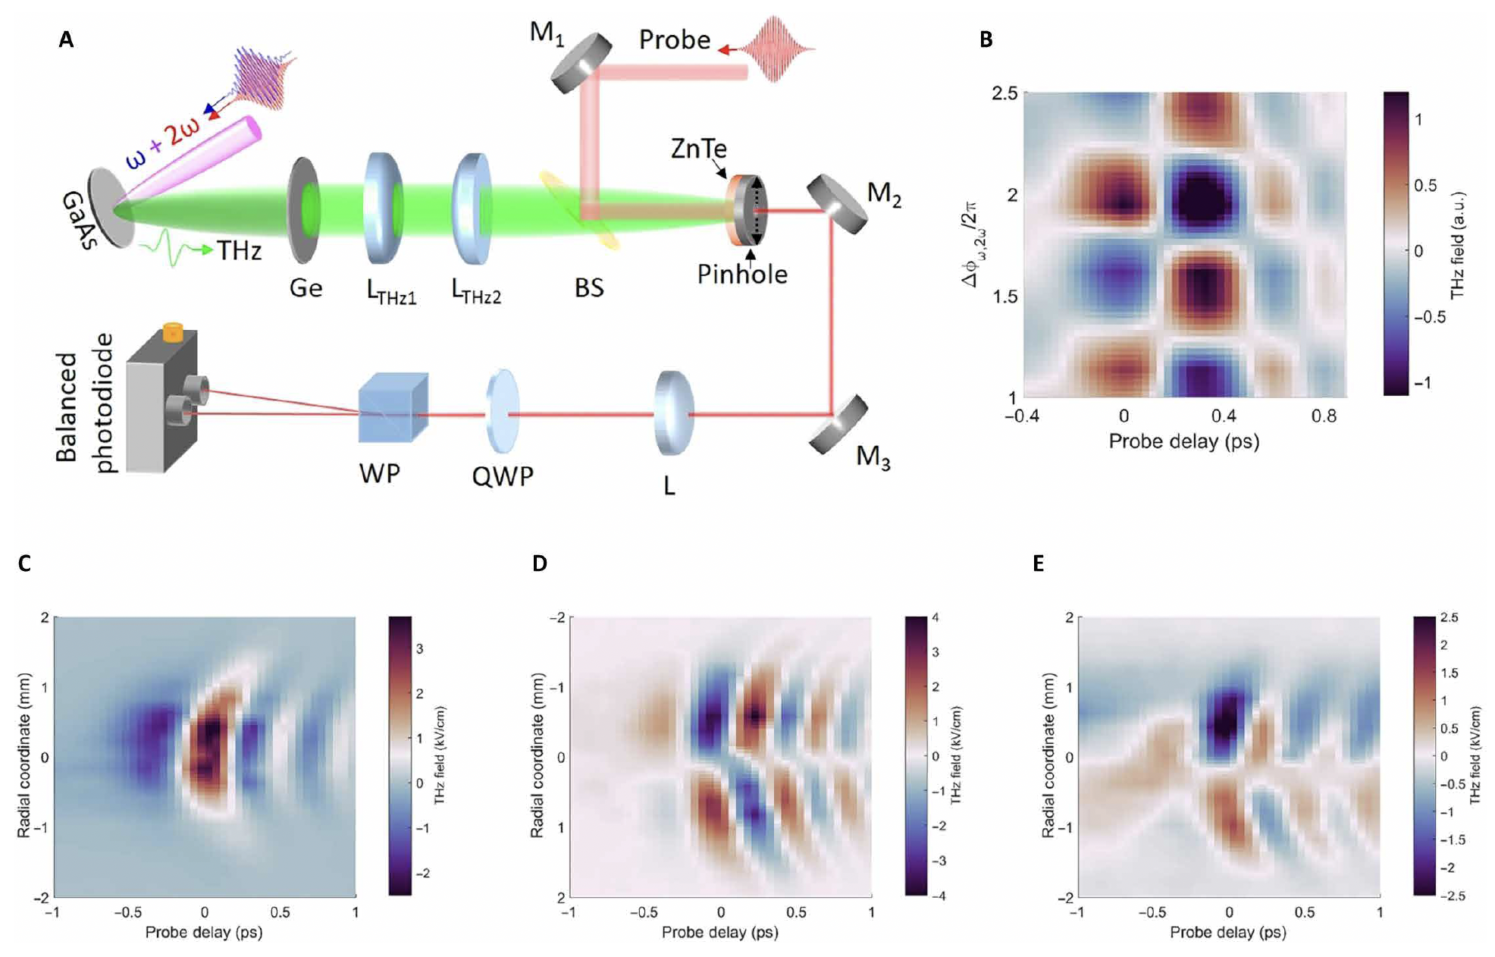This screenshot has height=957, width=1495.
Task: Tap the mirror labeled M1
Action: pos(581,63)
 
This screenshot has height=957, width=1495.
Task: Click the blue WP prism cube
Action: pos(393,407)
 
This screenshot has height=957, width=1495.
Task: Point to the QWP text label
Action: pos(503,476)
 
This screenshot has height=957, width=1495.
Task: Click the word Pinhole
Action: pos(742,275)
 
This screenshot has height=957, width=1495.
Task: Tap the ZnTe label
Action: pos(698,149)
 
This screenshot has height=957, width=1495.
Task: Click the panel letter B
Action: pos(986,39)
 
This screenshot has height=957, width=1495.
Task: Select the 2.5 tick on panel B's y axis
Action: pos(1005,93)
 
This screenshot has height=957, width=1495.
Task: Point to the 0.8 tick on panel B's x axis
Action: pos(1324,416)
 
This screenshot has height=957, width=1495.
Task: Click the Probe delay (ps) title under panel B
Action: pos(1183,441)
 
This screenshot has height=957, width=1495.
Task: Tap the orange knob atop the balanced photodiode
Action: pos(173,332)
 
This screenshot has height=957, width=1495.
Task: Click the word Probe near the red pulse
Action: pos(674,39)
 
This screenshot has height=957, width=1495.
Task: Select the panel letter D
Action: pos(539,563)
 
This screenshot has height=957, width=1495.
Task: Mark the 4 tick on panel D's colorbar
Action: pos(936,617)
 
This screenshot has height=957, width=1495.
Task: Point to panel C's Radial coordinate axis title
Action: pos(24,755)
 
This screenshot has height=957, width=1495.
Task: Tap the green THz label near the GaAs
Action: pos(239,250)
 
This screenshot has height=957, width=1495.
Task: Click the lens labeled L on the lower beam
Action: pos(672,413)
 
